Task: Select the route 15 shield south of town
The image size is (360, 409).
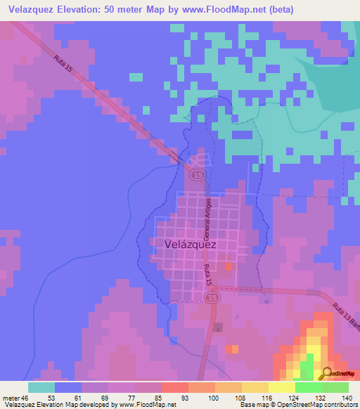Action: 212,299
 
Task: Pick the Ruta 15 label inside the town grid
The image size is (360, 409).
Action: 207,275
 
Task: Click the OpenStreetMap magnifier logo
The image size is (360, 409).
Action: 328,372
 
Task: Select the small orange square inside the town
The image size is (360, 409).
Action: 228,266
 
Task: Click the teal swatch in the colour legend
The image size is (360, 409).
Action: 41,387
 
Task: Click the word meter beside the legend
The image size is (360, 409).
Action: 11,398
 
